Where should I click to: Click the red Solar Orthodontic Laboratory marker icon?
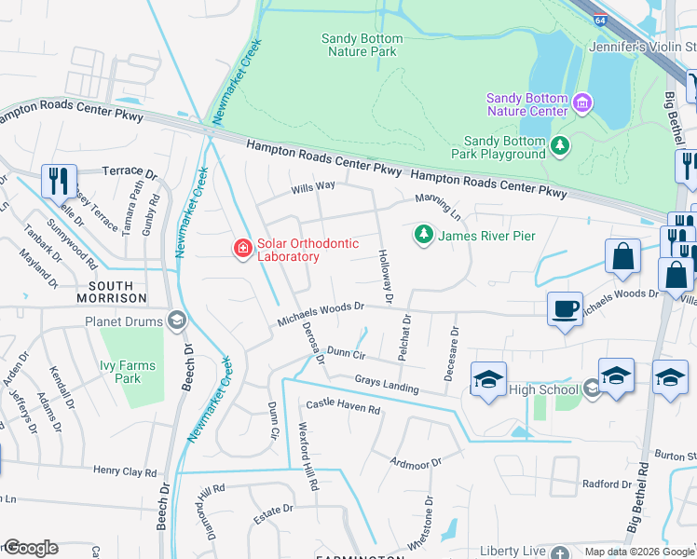242,248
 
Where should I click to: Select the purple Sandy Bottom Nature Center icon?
582,102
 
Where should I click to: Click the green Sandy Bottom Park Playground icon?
559,144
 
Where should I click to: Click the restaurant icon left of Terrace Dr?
59,181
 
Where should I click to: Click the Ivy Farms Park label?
121,372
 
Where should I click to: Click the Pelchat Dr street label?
405,339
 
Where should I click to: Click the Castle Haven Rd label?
344,408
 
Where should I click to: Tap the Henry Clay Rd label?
124,471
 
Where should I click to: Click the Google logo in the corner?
30,548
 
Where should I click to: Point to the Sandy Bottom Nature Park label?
362,45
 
